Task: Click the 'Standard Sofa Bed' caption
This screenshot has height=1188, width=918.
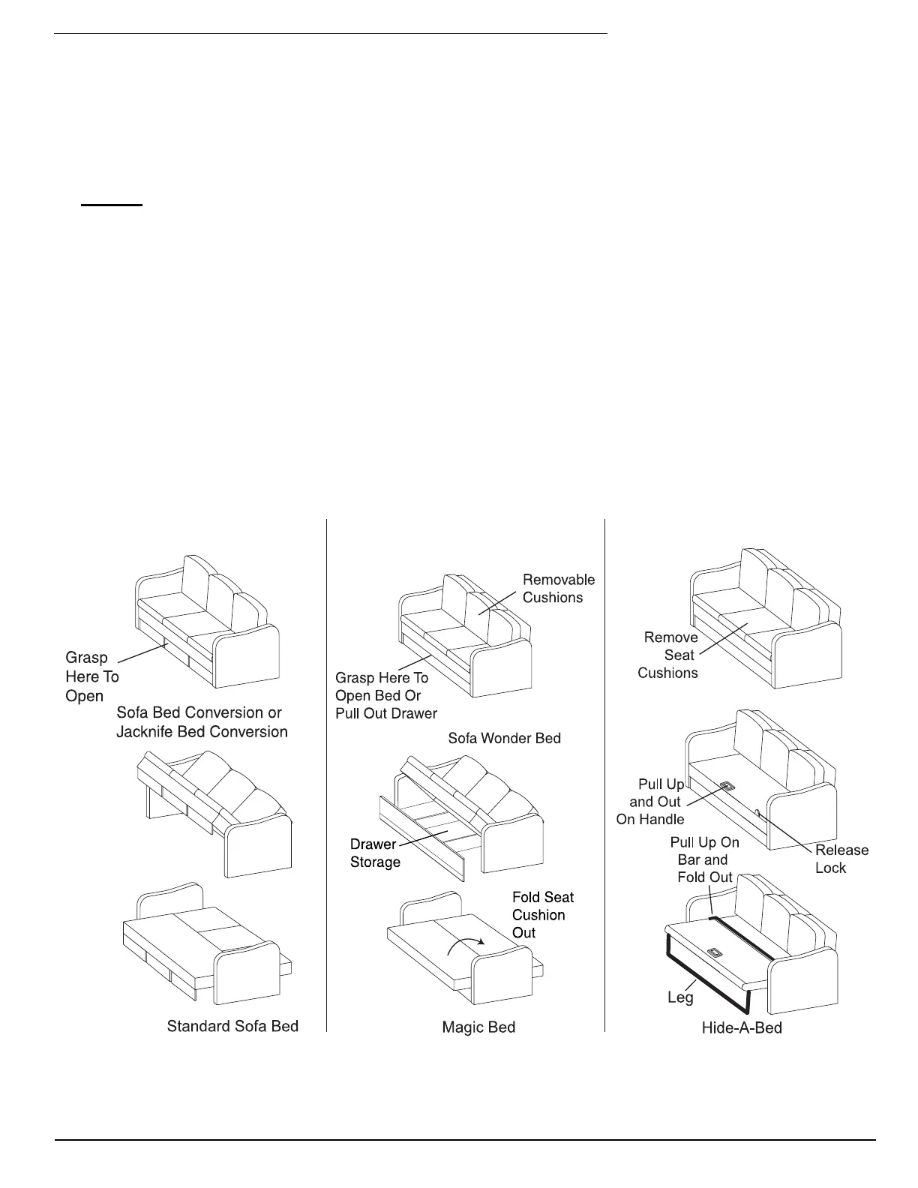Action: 232,1026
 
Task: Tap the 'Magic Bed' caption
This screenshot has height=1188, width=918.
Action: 478,1027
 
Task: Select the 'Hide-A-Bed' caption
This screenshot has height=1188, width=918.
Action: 742,1027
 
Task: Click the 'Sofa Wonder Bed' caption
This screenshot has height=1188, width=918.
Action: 504,738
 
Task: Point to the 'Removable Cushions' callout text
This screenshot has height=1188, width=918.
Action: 558,589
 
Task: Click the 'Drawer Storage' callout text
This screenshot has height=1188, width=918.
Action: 375,853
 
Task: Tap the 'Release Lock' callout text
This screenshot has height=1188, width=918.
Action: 841,859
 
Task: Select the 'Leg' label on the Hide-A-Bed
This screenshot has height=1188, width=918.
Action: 680,997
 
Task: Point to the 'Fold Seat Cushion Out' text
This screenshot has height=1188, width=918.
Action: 542,915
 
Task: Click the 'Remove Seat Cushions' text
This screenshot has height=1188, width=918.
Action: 668,655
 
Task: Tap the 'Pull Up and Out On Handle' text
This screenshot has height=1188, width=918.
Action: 651,802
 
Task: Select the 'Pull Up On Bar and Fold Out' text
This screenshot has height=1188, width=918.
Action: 704,860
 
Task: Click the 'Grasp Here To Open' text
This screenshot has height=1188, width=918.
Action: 91,676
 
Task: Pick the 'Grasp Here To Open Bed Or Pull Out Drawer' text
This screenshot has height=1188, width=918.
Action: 385,695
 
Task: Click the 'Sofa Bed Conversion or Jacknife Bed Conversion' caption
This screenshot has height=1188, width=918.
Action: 202,721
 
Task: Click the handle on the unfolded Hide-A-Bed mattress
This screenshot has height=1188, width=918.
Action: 715,953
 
